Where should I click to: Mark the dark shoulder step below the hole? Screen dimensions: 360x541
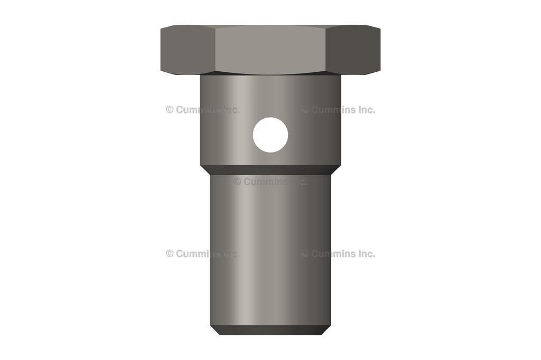click(x=270, y=169)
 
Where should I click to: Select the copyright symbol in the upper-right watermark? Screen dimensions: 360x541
click(x=305, y=110)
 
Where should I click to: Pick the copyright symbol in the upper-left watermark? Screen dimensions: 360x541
click(x=170, y=110)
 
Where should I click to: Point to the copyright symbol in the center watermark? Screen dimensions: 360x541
click(x=237, y=182)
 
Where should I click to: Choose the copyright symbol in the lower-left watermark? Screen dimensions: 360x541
click(x=170, y=253)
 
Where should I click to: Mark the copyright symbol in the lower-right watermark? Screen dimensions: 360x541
click(x=305, y=253)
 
